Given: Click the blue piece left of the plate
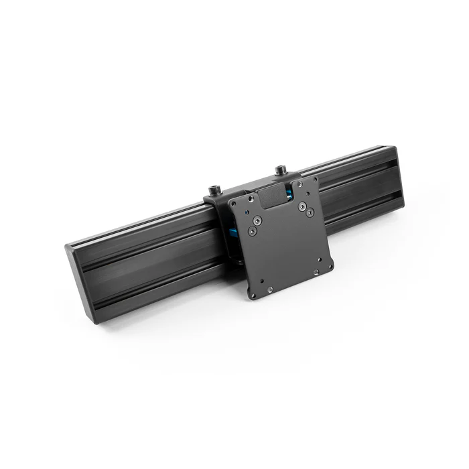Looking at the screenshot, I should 230,232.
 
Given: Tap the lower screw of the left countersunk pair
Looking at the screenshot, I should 252,230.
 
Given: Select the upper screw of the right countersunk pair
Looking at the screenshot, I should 301,206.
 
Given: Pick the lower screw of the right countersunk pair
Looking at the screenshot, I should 310,213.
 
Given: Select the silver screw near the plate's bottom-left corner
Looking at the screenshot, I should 269,289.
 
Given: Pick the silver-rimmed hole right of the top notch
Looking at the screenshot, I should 299,188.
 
